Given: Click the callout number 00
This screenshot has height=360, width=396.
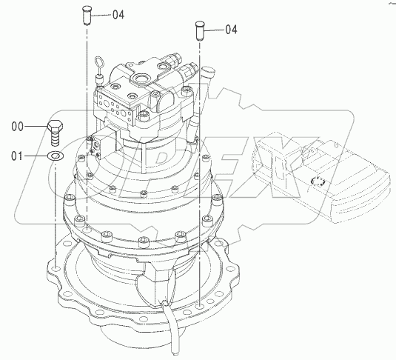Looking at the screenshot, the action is [x=17, y=127].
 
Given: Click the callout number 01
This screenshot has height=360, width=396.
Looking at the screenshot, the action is [x=17, y=156].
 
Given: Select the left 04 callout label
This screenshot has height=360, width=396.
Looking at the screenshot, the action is [x=118, y=15].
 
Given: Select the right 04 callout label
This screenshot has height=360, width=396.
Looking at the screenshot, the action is [x=231, y=30].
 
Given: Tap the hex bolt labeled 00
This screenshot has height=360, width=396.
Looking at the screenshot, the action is [x=55, y=133].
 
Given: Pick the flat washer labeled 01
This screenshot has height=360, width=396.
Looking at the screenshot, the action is [x=56, y=156].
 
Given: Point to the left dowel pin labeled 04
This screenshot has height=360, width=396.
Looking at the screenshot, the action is [x=87, y=16].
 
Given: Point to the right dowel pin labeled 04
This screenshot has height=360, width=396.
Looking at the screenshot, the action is [x=200, y=30].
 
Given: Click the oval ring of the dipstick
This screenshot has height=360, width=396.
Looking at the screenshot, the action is [x=98, y=64].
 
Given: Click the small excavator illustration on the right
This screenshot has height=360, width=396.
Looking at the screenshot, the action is [x=321, y=177].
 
